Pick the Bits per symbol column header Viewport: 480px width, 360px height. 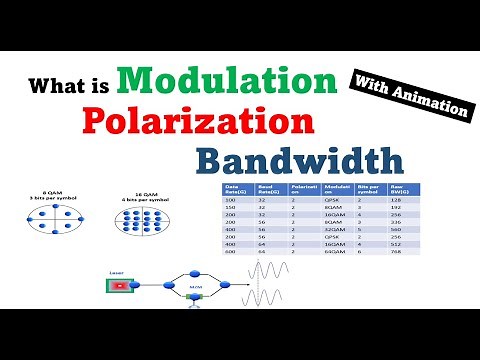click(365, 190)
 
